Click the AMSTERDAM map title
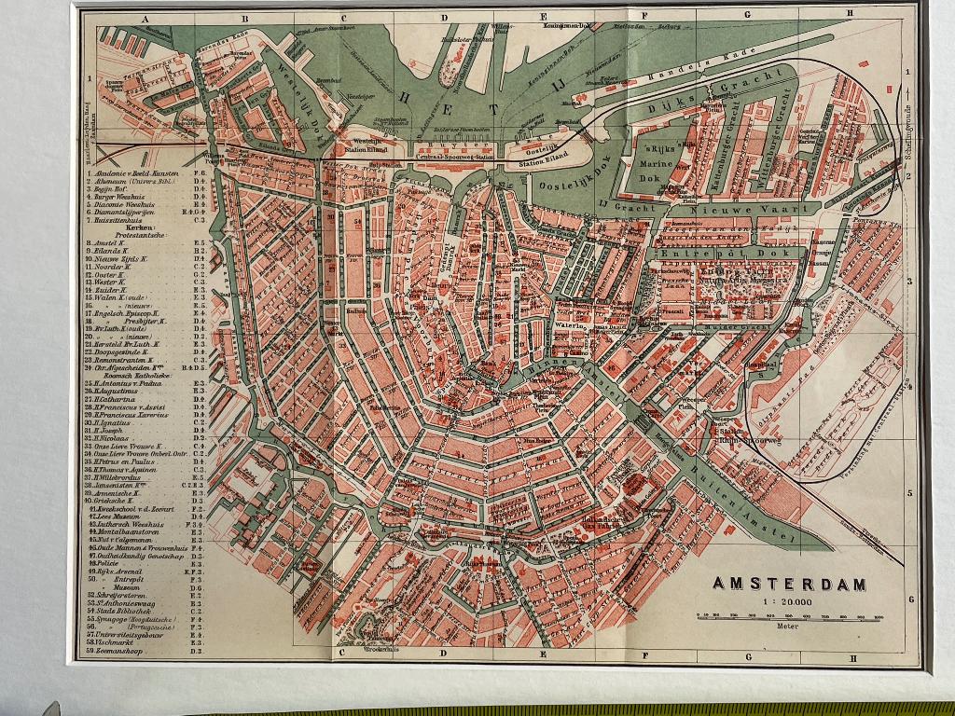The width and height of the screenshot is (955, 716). pyautogui.click(x=789, y=584)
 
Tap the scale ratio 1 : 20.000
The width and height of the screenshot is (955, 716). pyautogui.click(x=789, y=602)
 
